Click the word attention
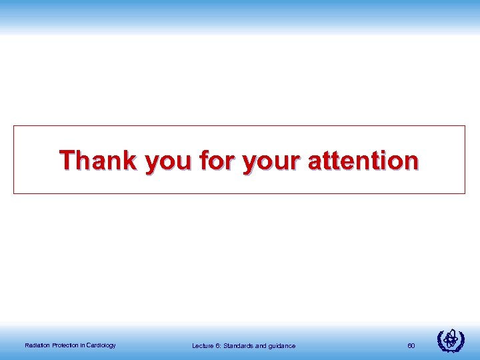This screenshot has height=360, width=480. pyautogui.click(x=363, y=161)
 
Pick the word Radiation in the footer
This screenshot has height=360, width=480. pyautogui.click(x=36, y=345)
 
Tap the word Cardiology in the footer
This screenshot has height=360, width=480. pyautogui.click(x=100, y=345)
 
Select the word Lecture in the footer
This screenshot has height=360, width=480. pyautogui.click(x=203, y=345)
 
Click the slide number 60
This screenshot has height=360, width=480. pyautogui.click(x=411, y=345)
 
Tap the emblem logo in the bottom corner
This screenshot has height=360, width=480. pyautogui.click(x=451, y=341)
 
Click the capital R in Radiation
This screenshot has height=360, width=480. pyautogui.click(x=26, y=345)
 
